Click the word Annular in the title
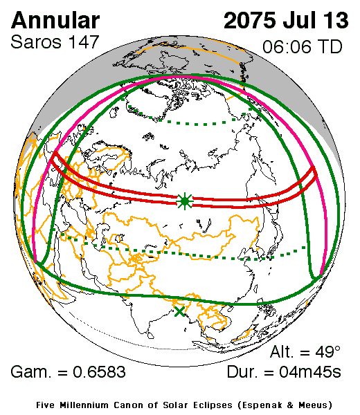[55, 20]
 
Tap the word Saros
[34, 42]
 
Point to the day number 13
[335, 20]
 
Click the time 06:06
[287, 48]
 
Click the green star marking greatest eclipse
[184, 201]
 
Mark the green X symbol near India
[180, 311]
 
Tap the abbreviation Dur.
[243, 373]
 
